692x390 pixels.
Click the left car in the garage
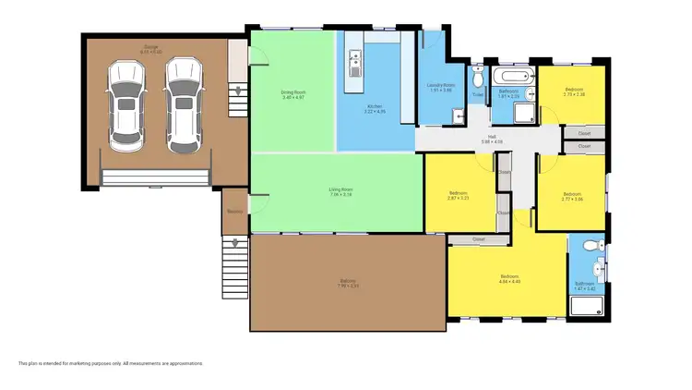click(x=125, y=105)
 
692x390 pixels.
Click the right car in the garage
click(x=182, y=105)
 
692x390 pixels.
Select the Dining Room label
click(x=292, y=93)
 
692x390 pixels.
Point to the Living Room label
click(x=341, y=191)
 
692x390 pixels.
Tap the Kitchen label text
click(x=375, y=108)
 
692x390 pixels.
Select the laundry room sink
click(x=457, y=115)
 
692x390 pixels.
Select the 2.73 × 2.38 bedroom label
click(x=574, y=91)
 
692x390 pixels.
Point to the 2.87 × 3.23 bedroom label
click(x=459, y=196)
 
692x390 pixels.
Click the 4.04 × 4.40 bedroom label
click(x=510, y=278)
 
